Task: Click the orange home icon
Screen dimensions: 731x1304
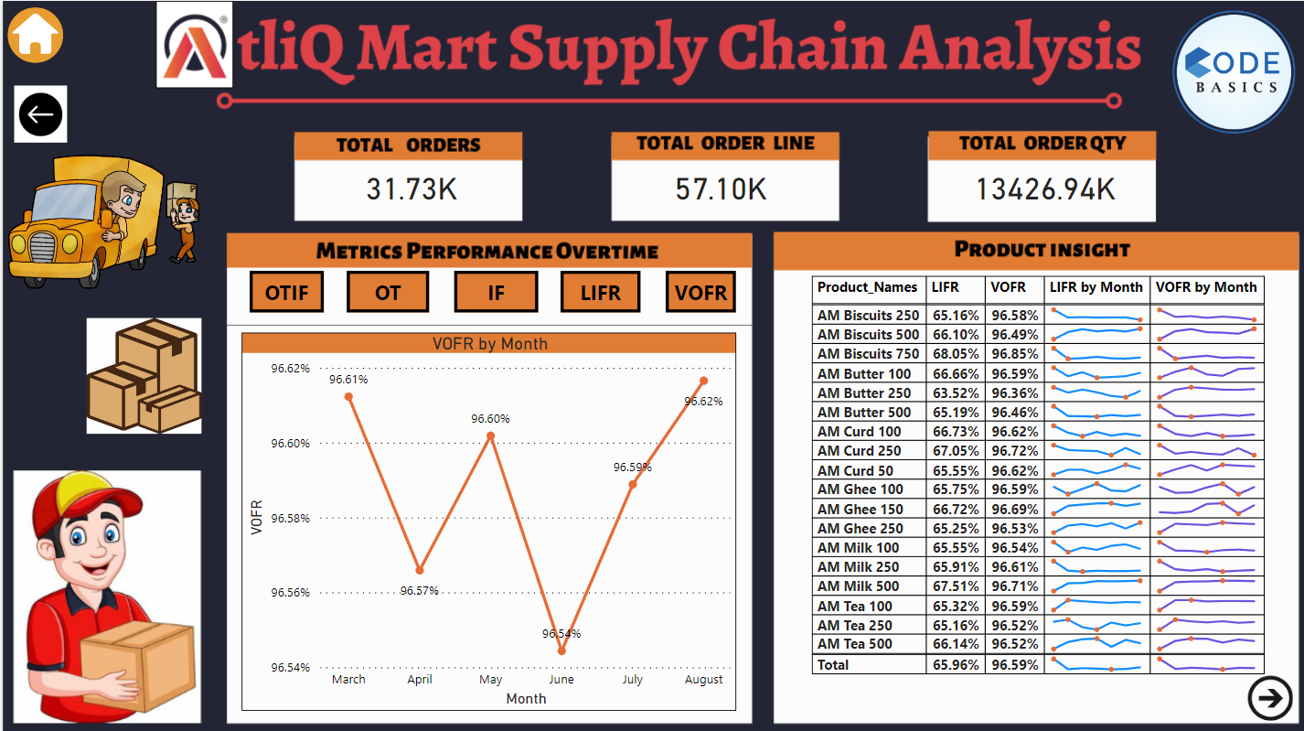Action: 35,35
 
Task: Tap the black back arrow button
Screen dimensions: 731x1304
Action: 40,114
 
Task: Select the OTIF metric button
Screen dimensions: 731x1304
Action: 286,293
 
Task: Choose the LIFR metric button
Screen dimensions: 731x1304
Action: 600,293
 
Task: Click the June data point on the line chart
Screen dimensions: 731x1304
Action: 561,651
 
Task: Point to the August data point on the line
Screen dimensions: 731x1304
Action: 703,381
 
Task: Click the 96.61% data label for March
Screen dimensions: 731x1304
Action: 348,379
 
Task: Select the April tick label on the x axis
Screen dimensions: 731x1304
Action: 419,679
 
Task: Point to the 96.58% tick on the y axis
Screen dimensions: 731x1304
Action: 290,518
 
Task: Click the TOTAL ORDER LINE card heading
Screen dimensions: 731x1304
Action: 725,144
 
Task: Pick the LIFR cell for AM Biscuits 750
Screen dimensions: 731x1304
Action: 955,354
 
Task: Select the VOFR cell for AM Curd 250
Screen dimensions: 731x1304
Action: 1014,451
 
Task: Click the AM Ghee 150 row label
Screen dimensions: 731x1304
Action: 860,509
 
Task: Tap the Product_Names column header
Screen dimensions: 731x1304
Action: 867,287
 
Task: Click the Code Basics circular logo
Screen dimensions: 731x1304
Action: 1235,72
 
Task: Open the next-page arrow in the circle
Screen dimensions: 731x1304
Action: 1269,699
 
